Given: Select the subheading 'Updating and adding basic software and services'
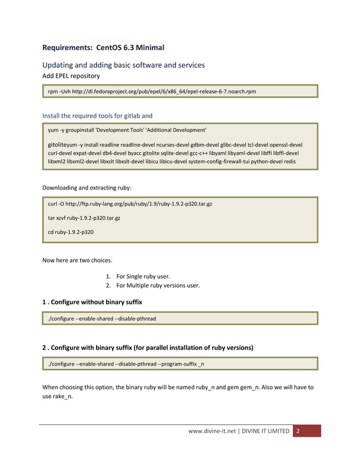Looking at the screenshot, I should pyautogui.click(x=124, y=65).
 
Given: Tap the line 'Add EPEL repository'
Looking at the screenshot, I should pyautogui.click(x=71, y=76).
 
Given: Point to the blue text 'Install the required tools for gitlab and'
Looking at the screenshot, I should pyautogui.click(x=98, y=116).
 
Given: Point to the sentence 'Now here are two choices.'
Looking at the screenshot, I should pyautogui.click(x=77, y=261).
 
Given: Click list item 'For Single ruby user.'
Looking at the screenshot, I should pyautogui.click(x=143, y=276).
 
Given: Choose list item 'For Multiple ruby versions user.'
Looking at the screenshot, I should pyautogui.click(x=158, y=285).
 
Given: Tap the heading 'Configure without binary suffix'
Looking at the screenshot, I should pyautogui.click(x=96, y=302).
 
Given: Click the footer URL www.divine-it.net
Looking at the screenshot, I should pyautogui.click(x=212, y=431).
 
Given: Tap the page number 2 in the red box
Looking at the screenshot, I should pyautogui.click(x=298, y=431).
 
